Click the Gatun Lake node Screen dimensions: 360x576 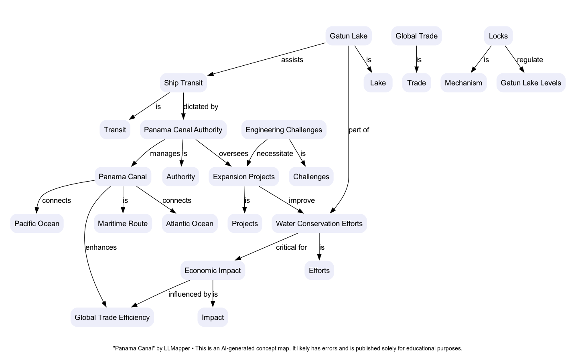point(348,36)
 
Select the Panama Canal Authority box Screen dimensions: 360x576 point(183,130)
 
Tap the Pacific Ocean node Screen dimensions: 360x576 point(37,224)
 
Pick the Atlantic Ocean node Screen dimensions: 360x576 point(190,224)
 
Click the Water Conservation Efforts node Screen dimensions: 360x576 point(319,224)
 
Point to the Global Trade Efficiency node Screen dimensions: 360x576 point(112,318)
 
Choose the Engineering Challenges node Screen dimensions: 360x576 point(284,130)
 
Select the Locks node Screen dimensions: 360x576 point(498,36)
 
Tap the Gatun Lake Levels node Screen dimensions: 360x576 point(531,83)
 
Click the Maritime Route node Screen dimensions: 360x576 point(123,224)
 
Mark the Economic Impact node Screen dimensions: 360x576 point(213,271)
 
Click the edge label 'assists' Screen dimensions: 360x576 point(292,60)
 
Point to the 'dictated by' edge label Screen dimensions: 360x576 point(201,107)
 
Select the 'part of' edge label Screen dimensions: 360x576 point(359,130)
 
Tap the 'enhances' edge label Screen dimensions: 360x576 point(101,247)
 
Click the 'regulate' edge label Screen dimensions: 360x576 point(530,60)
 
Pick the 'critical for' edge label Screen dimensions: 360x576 point(291,247)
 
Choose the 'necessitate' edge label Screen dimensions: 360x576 point(275,154)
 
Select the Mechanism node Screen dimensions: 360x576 point(463,83)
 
